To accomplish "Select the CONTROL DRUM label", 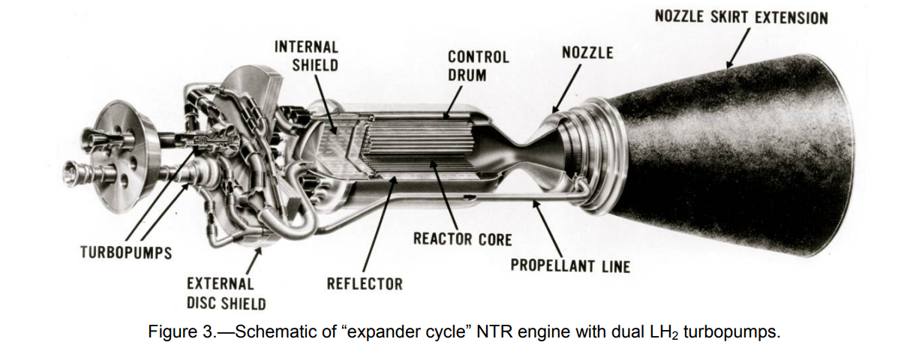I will pyautogui.click(x=478, y=66).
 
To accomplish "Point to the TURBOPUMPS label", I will pyautogui.click(x=125, y=252).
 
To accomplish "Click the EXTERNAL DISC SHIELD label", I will pyautogui.click(x=226, y=294).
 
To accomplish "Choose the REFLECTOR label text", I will pyautogui.click(x=365, y=284).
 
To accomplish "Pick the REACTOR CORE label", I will pyautogui.click(x=462, y=240).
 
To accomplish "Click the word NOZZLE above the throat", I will pyautogui.click(x=587, y=52).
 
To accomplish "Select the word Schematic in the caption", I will pyautogui.click(x=271, y=332).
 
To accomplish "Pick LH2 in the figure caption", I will pyautogui.click(x=647, y=333).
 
